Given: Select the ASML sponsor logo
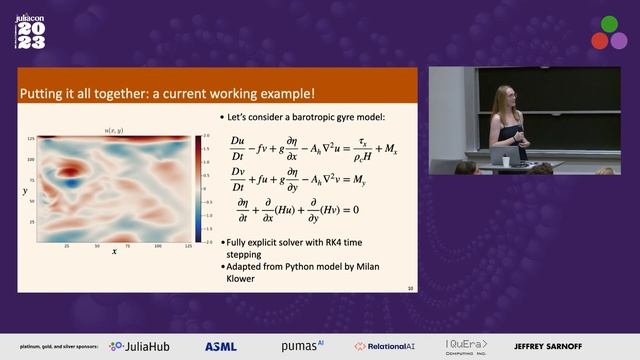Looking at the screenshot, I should (x=221, y=346).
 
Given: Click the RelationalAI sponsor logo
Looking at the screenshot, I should (x=388, y=346).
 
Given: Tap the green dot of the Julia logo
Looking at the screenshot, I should (x=609, y=25).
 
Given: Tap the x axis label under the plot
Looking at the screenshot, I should (x=114, y=251).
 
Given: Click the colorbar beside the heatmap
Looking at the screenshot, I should (x=199, y=189).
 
